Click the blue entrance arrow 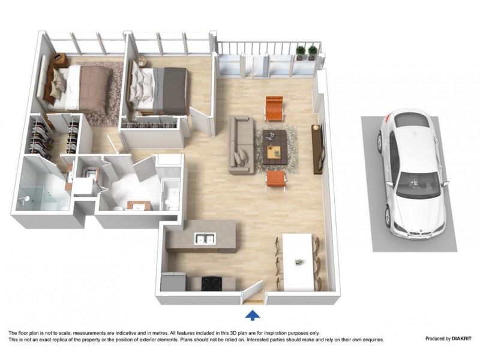253,314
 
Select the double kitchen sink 205,239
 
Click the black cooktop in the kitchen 212,283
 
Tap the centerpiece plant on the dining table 298,262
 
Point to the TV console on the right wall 317,148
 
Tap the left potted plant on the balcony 301,52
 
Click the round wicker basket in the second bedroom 141,61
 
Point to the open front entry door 253,294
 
